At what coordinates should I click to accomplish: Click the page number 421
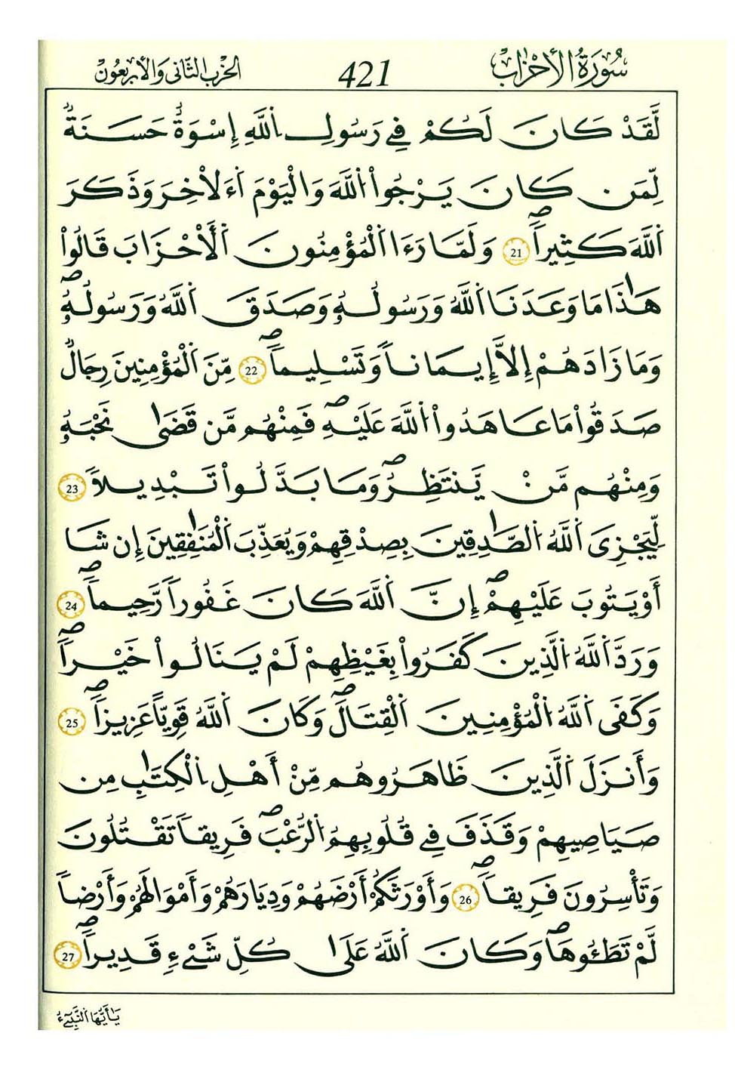[365, 74]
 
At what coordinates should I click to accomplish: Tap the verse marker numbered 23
[73, 489]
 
